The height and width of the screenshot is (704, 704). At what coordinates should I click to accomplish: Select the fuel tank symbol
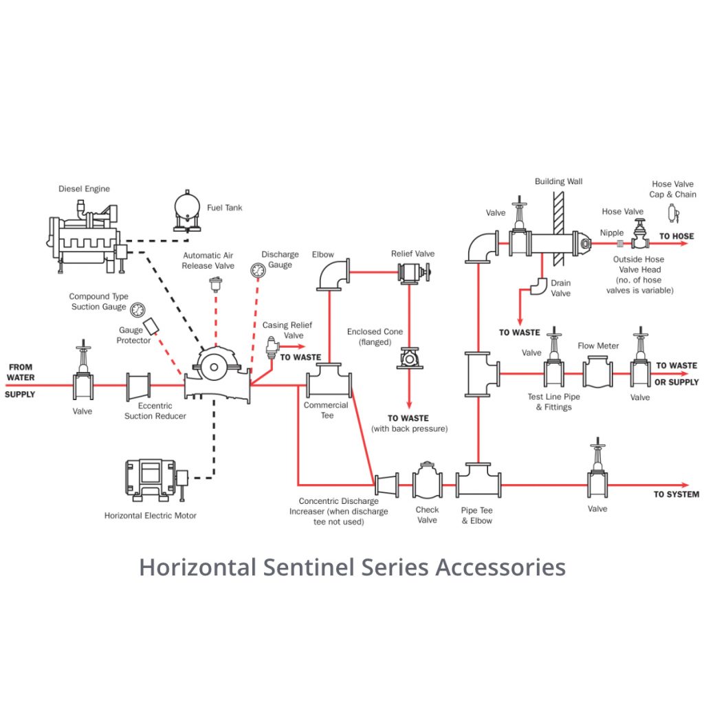point(186,207)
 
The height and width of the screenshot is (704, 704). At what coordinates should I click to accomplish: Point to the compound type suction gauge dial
point(138,309)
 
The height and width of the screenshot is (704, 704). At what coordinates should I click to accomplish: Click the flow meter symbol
point(598,373)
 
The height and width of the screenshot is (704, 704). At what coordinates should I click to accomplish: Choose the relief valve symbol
point(411,273)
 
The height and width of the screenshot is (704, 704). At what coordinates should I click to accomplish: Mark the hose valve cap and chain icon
point(672,214)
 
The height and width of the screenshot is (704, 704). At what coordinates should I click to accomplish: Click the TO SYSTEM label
point(676,494)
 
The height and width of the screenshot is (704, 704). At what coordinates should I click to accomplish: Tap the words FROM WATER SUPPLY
point(21,381)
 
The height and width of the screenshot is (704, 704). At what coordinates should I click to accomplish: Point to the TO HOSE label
point(676,236)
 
